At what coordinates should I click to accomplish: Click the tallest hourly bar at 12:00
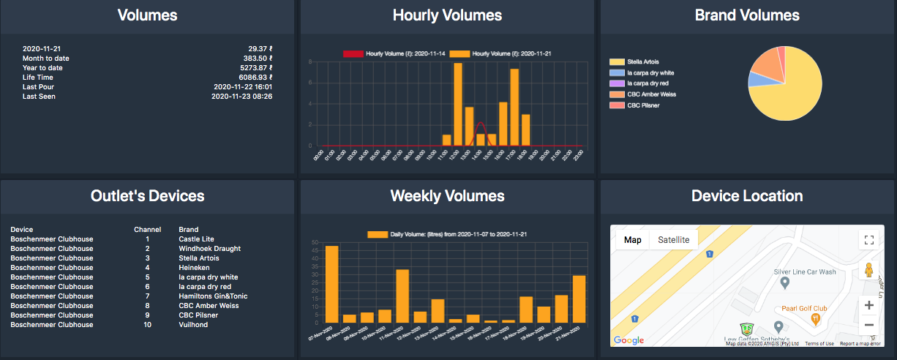(458, 104)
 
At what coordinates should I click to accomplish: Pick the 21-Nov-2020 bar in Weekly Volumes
(579, 299)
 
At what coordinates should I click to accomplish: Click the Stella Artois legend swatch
(616, 61)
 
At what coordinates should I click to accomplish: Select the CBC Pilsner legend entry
(643, 105)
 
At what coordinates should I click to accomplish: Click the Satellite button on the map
(674, 239)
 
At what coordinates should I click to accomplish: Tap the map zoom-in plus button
(868, 305)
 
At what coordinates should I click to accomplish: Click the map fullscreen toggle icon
(868, 239)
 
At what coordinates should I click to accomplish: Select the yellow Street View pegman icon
(868, 270)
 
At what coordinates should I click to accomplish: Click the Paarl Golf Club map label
(804, 309)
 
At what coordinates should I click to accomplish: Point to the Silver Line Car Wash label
(805, 271)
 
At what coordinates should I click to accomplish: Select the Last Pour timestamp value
(243, 87)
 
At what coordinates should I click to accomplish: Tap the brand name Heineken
(194, 268)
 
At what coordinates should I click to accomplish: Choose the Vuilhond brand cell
(193, 325)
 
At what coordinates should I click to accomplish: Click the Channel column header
(147, 230)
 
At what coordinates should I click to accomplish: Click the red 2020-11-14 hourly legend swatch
(353, 53)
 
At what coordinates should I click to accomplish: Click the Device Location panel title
(747, 196)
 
